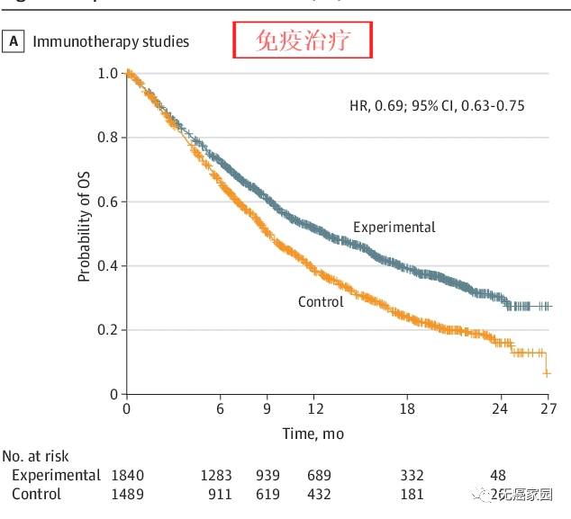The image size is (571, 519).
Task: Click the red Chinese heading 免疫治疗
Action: coord(303,41)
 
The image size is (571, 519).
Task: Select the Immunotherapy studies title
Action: coord(112,41)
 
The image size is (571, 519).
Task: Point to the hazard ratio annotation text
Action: coord(437,105)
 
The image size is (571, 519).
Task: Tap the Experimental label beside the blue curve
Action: coord(394,227)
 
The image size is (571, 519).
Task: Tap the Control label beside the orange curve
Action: coord(321,301)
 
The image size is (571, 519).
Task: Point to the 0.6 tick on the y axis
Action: coord(108,201)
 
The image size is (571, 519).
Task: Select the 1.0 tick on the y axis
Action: coord(108,73)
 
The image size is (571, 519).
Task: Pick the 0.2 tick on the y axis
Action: coord(108,330)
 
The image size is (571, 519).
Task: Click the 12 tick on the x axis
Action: coord(313,409)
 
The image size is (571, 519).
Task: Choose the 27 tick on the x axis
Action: coord(547,409)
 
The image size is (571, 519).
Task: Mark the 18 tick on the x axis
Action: coord(407,409)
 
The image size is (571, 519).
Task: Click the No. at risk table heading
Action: coord(36,457)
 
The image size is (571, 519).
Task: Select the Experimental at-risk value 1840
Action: coord(126,475)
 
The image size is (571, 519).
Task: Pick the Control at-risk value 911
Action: coord(219,494)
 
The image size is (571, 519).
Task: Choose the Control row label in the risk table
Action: coord(37,494)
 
